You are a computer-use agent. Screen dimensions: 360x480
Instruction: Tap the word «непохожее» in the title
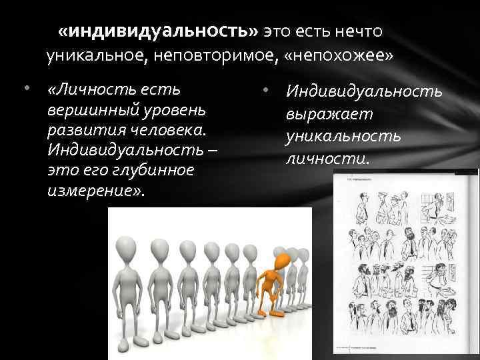tap(339, 55)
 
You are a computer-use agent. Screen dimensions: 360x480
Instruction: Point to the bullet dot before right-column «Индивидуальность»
tap(265, 89)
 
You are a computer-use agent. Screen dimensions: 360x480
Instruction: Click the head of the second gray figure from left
tap(160, 248)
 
